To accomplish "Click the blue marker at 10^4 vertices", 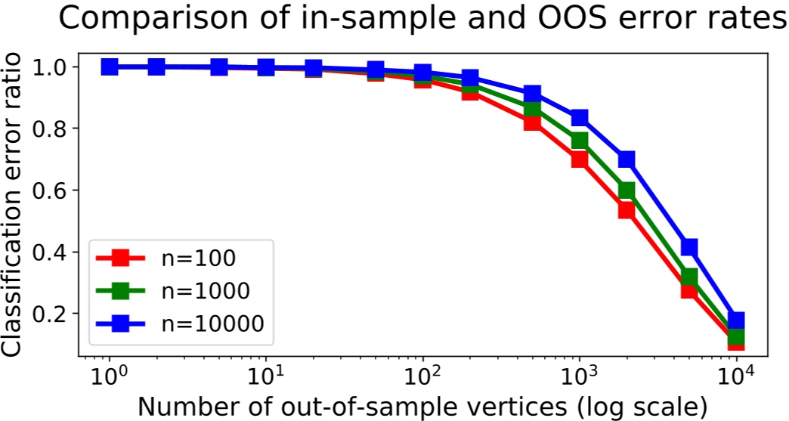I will [x=736, y=320].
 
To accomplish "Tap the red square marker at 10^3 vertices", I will [x=580, y=159].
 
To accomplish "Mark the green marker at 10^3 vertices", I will [x=580, y=141].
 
